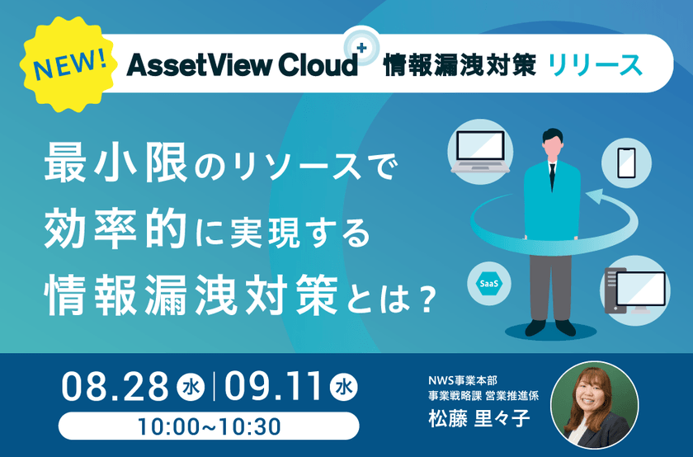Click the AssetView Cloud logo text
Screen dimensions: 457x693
pyautogui.click(x=241, y=65)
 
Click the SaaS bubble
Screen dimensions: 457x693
pyautogui.click(x=488, y=283)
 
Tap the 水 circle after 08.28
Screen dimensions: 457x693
pyautogui.click(x=189, y=389)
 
